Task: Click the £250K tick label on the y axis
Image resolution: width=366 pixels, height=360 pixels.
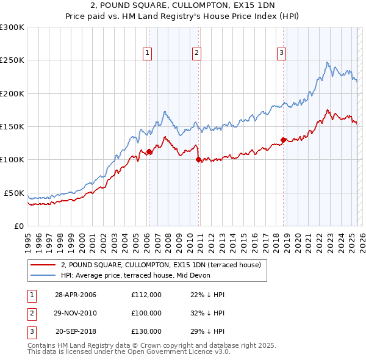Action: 12,60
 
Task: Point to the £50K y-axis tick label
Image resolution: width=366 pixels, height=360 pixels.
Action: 14,193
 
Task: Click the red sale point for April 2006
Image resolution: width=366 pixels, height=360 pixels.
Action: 149,152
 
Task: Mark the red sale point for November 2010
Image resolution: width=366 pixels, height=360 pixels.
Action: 198,160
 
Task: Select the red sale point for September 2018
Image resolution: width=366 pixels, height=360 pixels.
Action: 284,140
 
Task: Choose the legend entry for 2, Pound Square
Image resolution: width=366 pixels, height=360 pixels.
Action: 160,265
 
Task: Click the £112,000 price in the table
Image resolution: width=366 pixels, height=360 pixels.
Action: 146,295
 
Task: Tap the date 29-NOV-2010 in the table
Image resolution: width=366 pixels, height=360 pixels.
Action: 76,312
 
